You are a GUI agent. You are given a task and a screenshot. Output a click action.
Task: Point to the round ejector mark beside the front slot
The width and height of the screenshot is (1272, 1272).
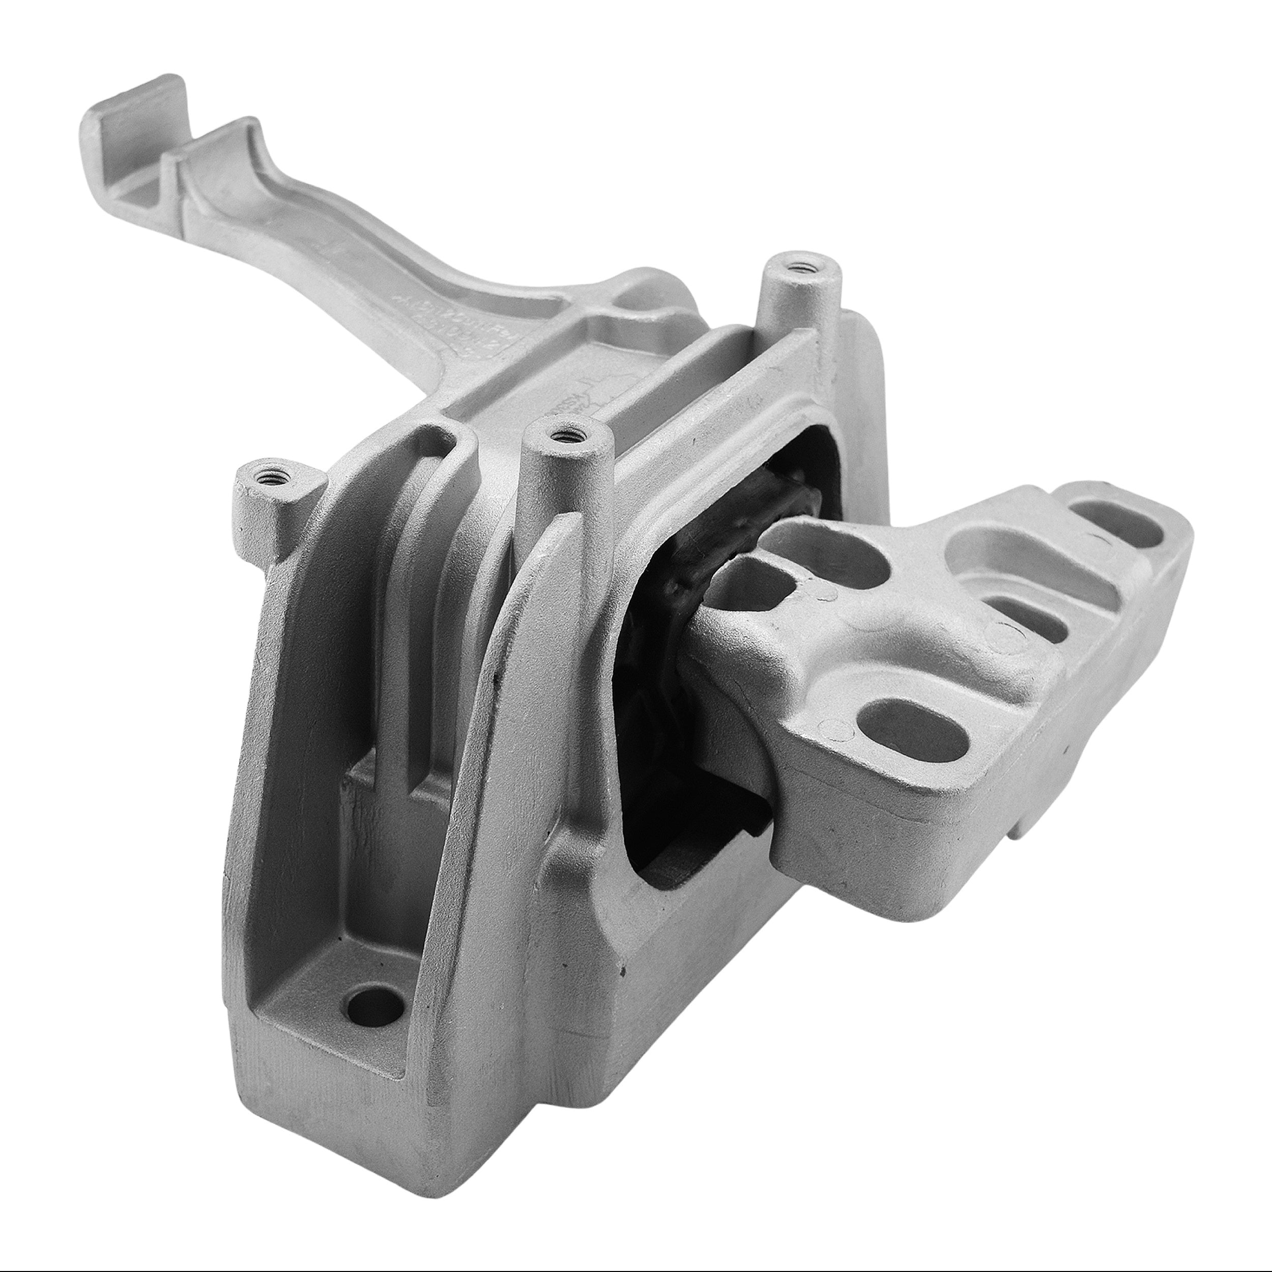[x=837, y=727]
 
